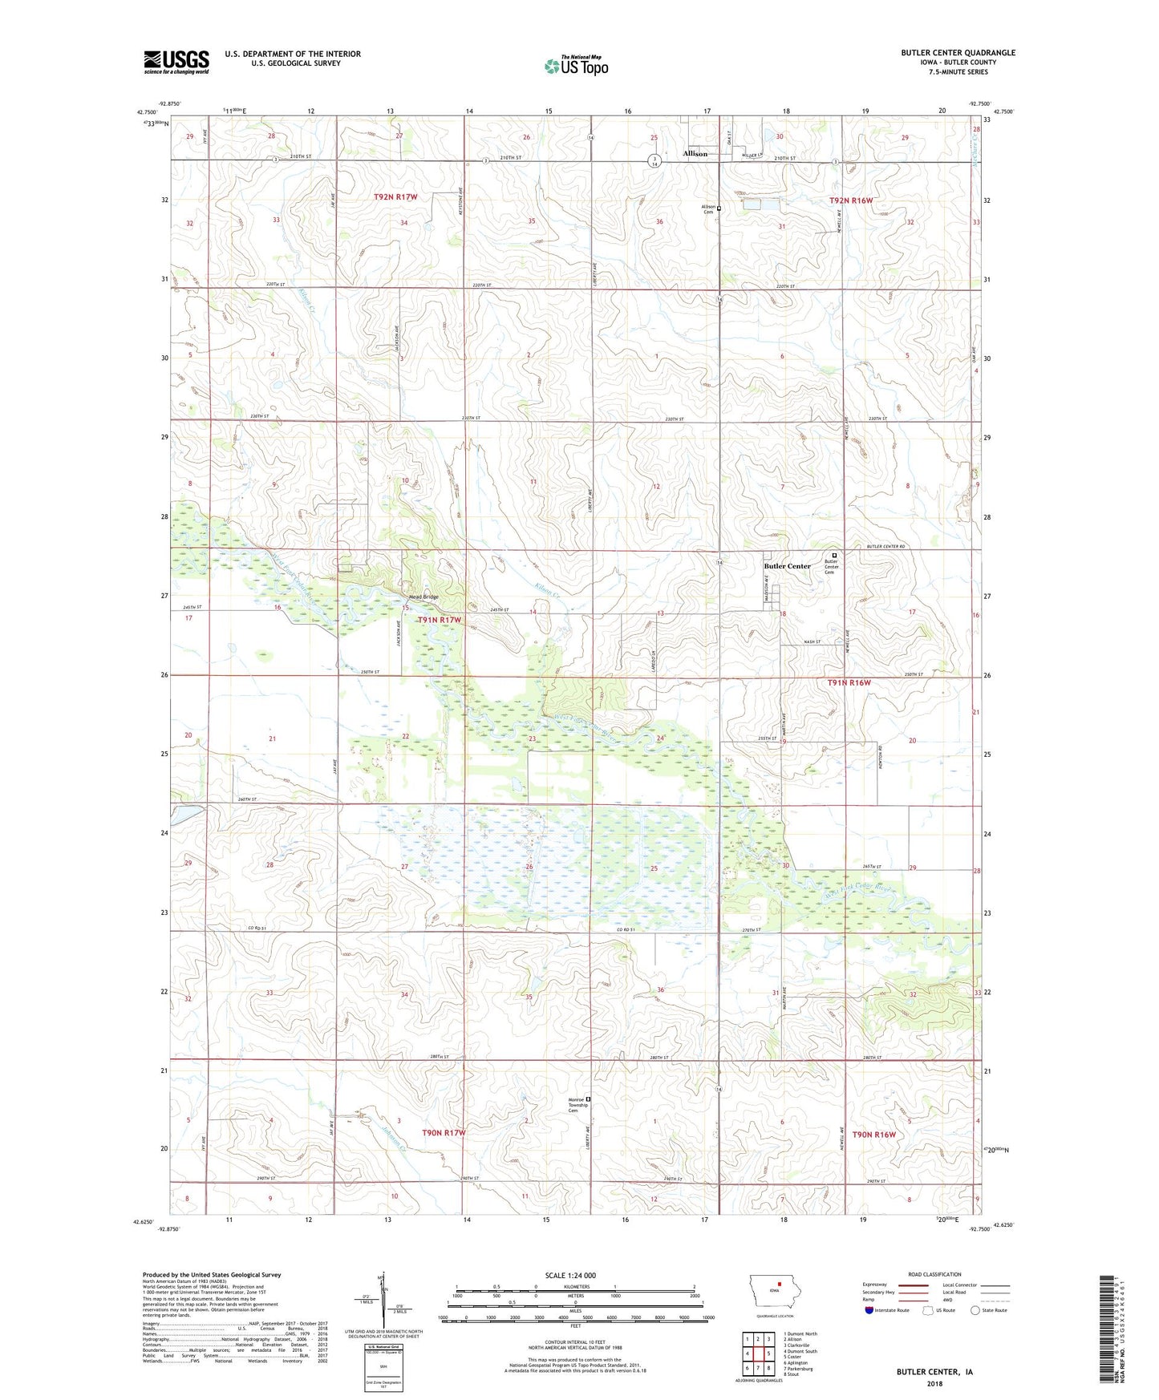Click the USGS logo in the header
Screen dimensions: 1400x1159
click(x=176, y=62)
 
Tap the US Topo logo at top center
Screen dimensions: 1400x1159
click(x=576, y=66)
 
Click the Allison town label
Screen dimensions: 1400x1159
click(x=695, y=153)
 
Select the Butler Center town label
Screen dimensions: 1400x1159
click(x=787, y=566)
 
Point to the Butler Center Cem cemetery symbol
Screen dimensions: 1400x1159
click(x=834, y=555)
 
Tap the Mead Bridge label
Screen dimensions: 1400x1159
click(x=423, y=597)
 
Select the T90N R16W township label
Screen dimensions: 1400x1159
click(x=873, y=1135)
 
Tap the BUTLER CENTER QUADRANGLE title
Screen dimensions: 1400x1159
click(x=958, y=53)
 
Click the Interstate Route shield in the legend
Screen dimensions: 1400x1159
click(x=870, y=1310)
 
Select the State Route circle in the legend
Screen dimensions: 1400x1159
click(x=975, y=1310)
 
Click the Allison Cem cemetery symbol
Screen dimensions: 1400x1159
click(x=719, y=208)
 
